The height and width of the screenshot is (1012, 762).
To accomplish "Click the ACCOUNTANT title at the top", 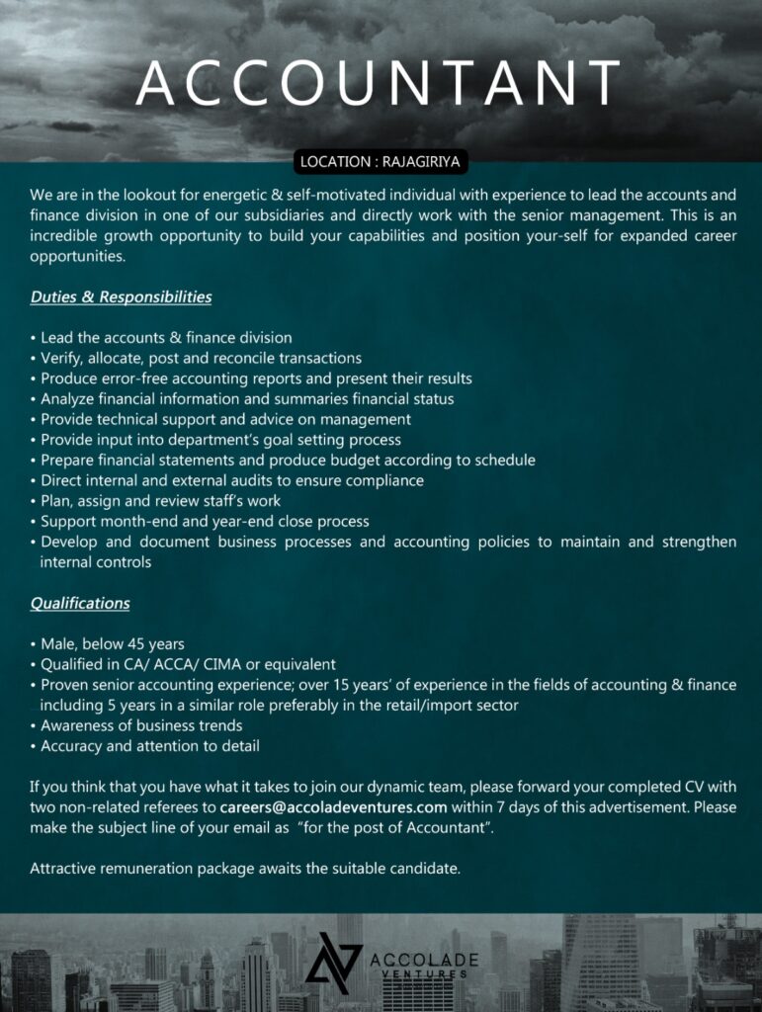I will [x=380, y=83].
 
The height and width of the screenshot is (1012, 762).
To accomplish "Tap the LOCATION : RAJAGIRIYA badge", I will [x=381, y=160].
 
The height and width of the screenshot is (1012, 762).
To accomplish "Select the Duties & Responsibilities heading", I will [x=121, y=296].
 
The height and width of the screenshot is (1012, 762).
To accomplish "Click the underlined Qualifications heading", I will [x=80, y=602].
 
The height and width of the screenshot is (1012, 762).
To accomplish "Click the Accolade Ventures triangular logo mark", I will [x=333, y=958].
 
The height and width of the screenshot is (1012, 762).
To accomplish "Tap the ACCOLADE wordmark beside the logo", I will [x=423, y=960].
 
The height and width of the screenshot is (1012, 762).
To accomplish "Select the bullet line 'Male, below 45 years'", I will [x=112, y=643].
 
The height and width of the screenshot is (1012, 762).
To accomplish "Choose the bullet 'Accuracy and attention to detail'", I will [x=149, y=745].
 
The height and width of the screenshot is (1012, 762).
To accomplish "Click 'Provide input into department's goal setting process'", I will [x=220, y=439].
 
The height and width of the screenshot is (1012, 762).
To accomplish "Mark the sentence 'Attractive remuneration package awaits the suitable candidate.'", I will [x=245, y=869].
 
